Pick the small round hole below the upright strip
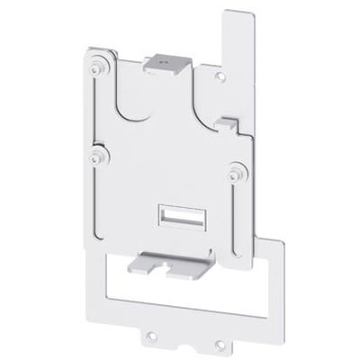tap(221, 78)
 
